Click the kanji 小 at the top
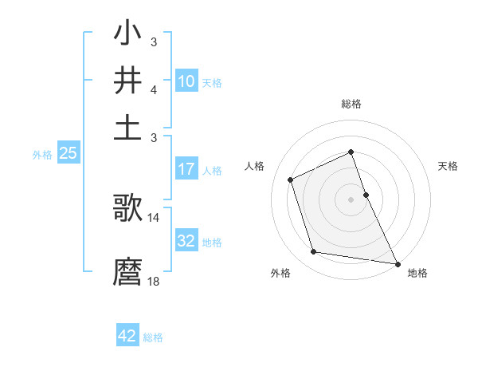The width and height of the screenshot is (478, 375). pos(127,36)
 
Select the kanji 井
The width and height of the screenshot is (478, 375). pos(127,81)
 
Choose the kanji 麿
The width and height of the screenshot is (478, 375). pos(127,271)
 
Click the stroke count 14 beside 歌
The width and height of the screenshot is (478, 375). pos(154,217)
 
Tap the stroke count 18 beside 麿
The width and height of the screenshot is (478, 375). pos(154,281)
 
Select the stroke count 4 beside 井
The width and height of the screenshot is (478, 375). pos(153,89)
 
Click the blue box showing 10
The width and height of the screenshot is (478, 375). pos(186,81)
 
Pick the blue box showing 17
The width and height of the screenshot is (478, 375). pos(186,169)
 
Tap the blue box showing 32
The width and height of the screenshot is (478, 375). pos(186,241)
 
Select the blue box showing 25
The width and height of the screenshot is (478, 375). pos(68,153)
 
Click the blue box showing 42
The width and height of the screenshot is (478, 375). pos(127,336)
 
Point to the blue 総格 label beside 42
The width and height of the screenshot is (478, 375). pos(153,337)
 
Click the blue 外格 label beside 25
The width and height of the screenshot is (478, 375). pos(41,155)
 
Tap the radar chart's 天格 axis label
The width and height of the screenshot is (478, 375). pos(449,166)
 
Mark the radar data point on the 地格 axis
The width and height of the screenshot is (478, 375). pos(397,262)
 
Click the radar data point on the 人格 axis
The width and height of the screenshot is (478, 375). pos(292,179)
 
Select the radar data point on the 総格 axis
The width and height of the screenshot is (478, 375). pos(351,152)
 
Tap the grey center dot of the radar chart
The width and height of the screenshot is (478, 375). pos(351,199)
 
